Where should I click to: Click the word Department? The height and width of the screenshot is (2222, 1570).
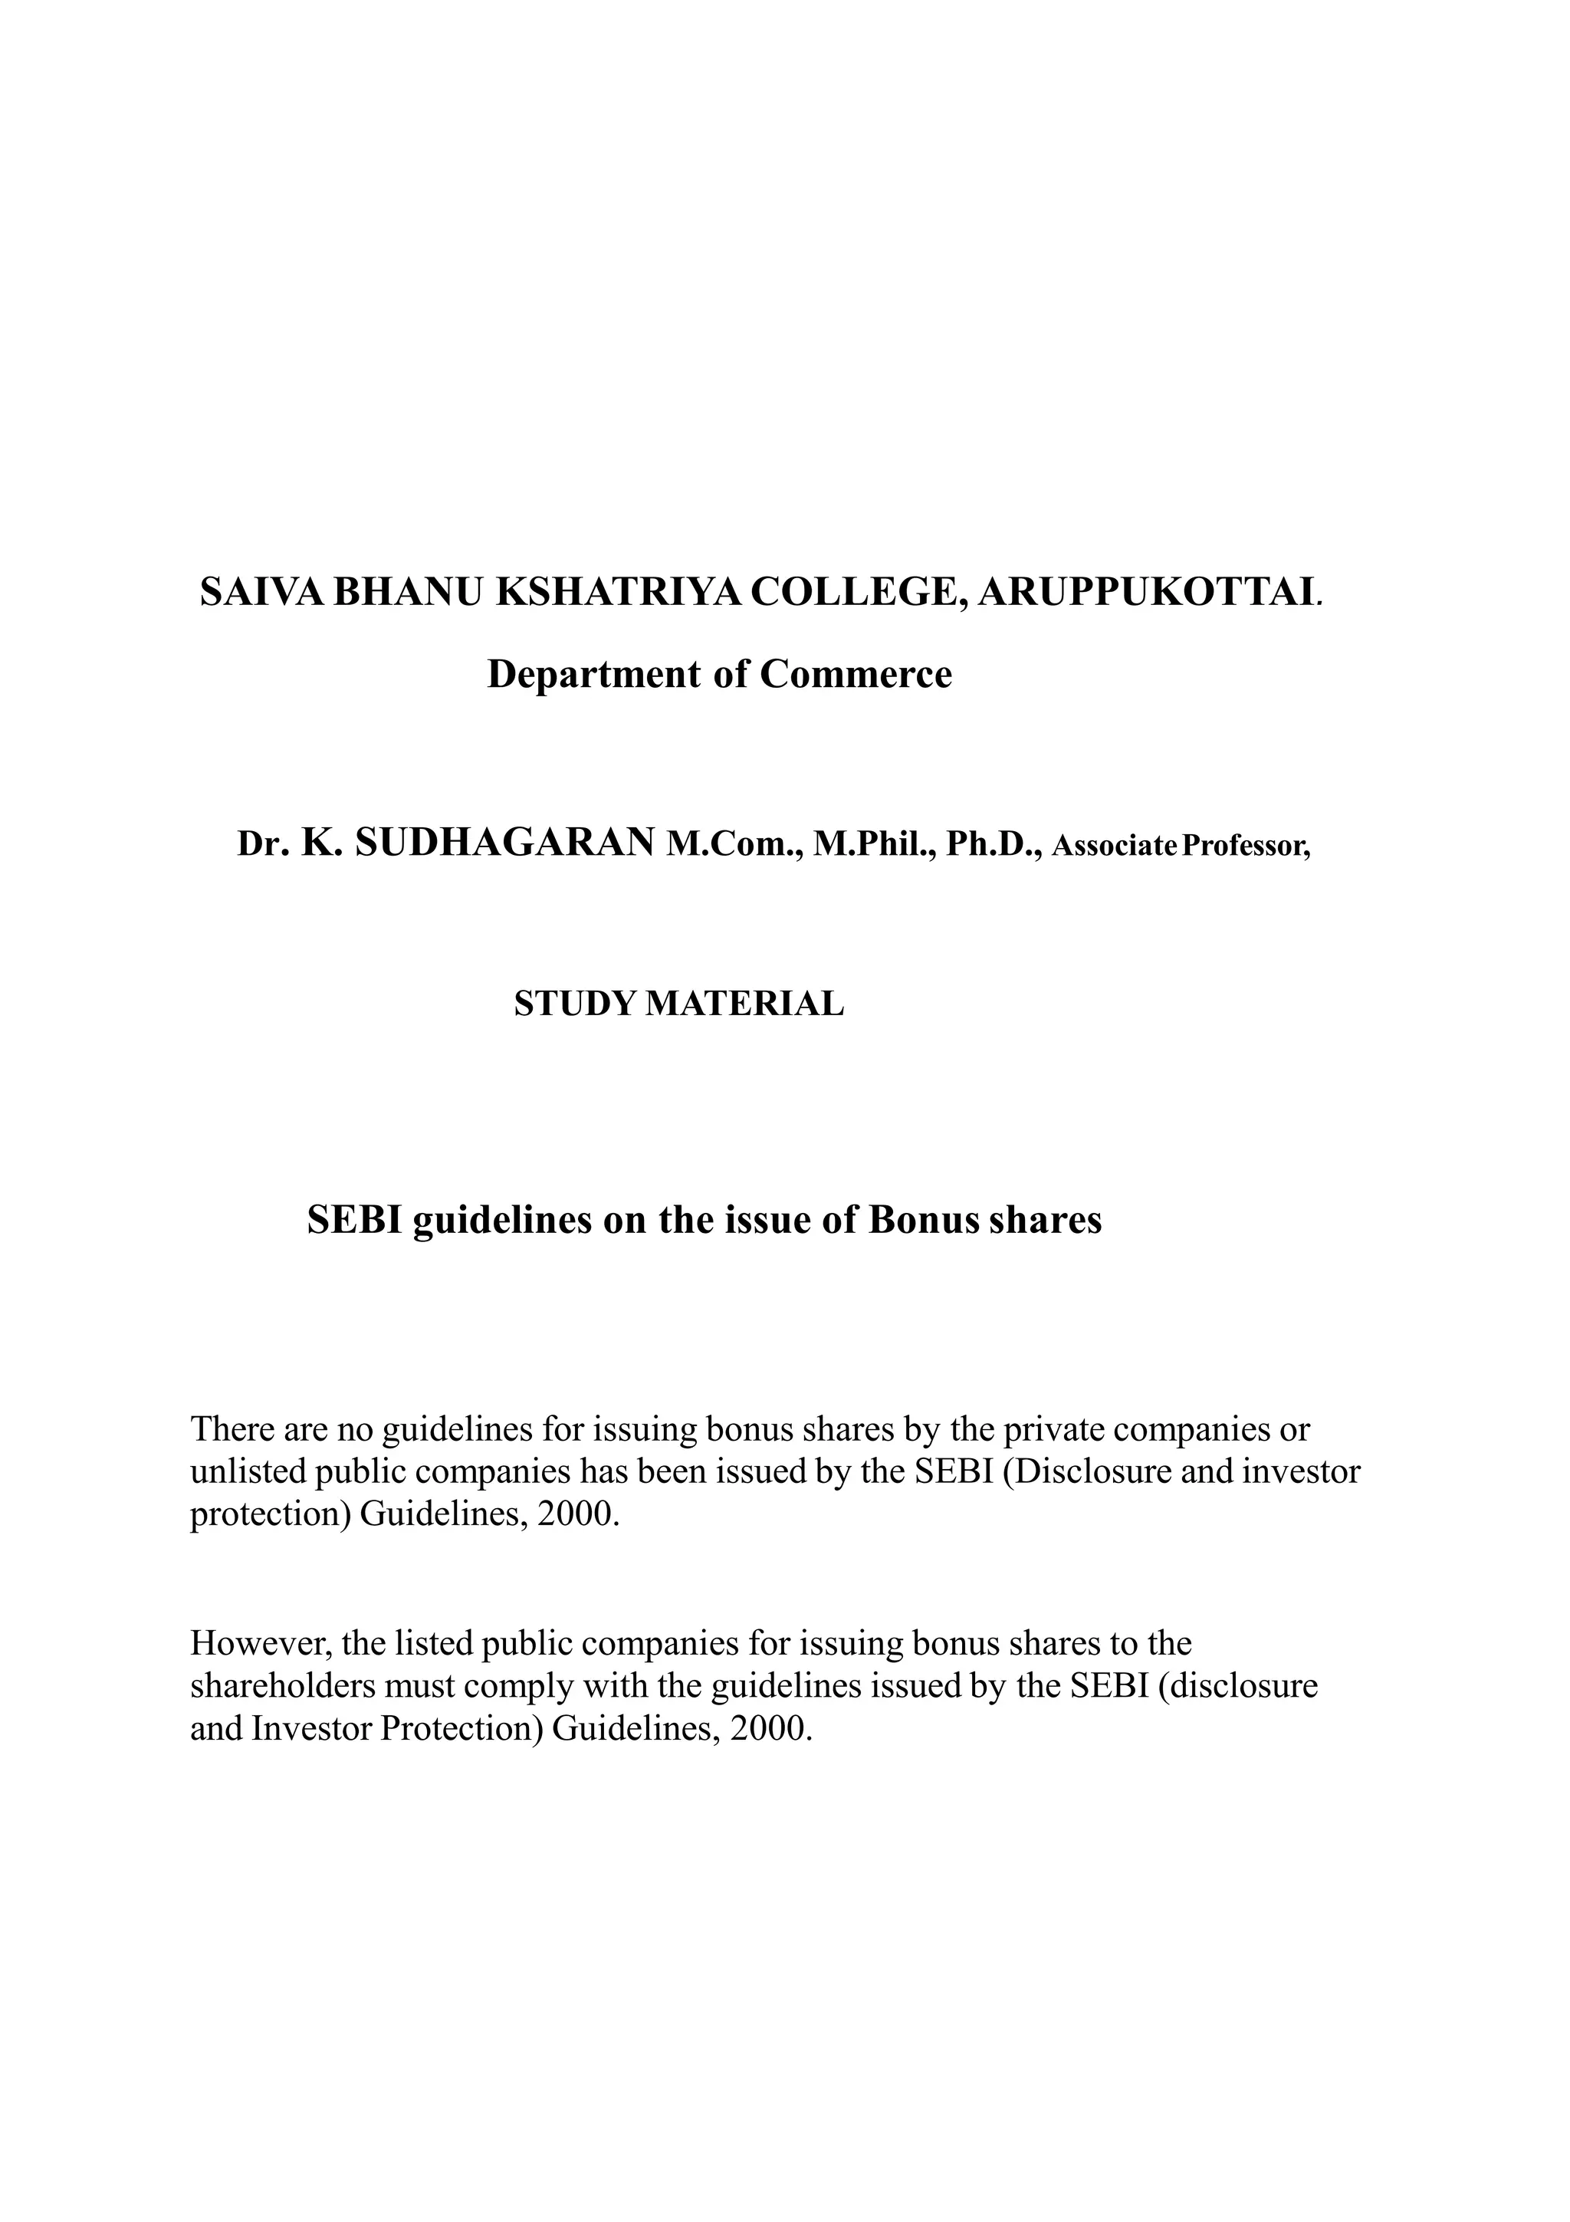point(594,675)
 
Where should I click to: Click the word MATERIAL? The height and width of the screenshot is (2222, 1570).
point(744,1004)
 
